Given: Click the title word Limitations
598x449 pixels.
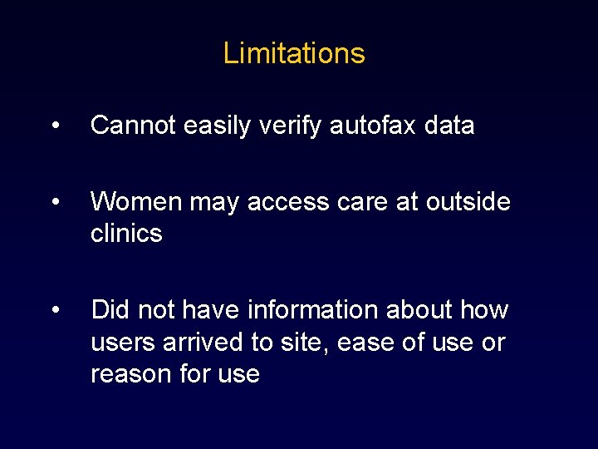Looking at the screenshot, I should pyautogui.click(x=294, y=53).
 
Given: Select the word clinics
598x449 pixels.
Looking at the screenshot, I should pyautogui.click(x=126, y=234).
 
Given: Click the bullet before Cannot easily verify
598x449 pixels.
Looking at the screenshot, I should pyautogui.click(x=55, y=126).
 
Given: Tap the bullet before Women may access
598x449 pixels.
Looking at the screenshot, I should pyautogui.click(x=55, y=202).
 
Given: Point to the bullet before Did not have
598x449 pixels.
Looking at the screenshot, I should pyautogui.click(x=55, y=310).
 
